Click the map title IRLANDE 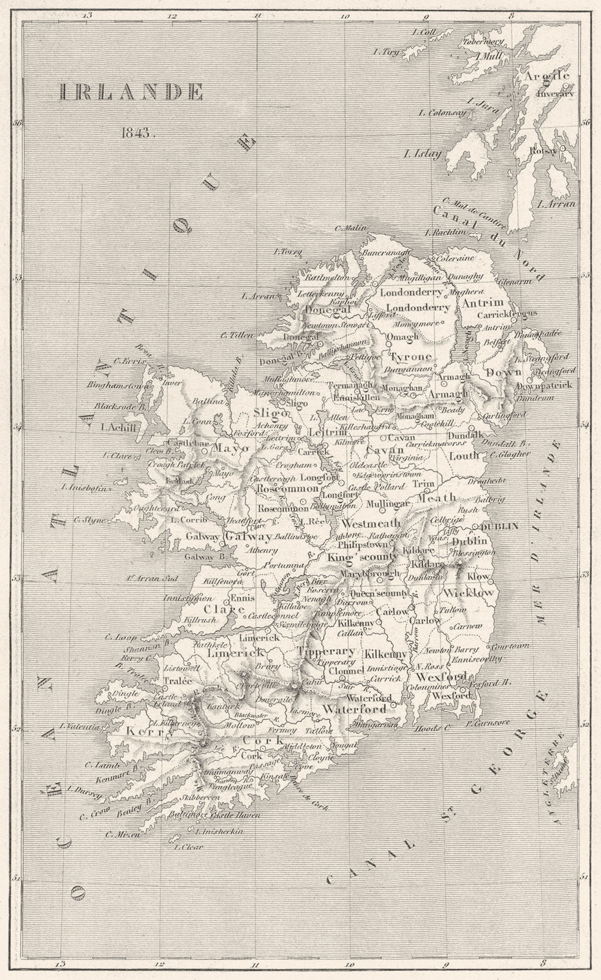click(131, 92)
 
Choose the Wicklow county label click(469, 593)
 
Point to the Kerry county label click(146, 731)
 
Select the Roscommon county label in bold click(287, 489)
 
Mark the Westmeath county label click(371, 524)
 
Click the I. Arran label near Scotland click(556, 204)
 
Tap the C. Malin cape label click(347, 229)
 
